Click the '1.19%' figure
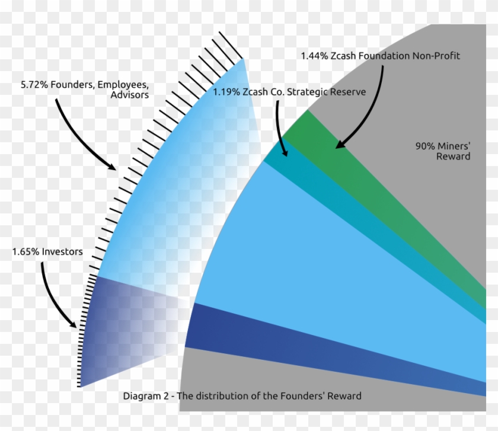[x=226, y=92]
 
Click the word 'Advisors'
[x=130, y=95]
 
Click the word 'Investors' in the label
[x=62, y=252]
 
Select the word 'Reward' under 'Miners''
[x=453, y=157]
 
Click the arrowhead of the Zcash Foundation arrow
[x=340, y=144]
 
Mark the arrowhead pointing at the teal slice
[x=285, y=152]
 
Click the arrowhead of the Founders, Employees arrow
[x=111, y=167]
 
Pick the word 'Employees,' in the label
[x=123, y=85]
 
